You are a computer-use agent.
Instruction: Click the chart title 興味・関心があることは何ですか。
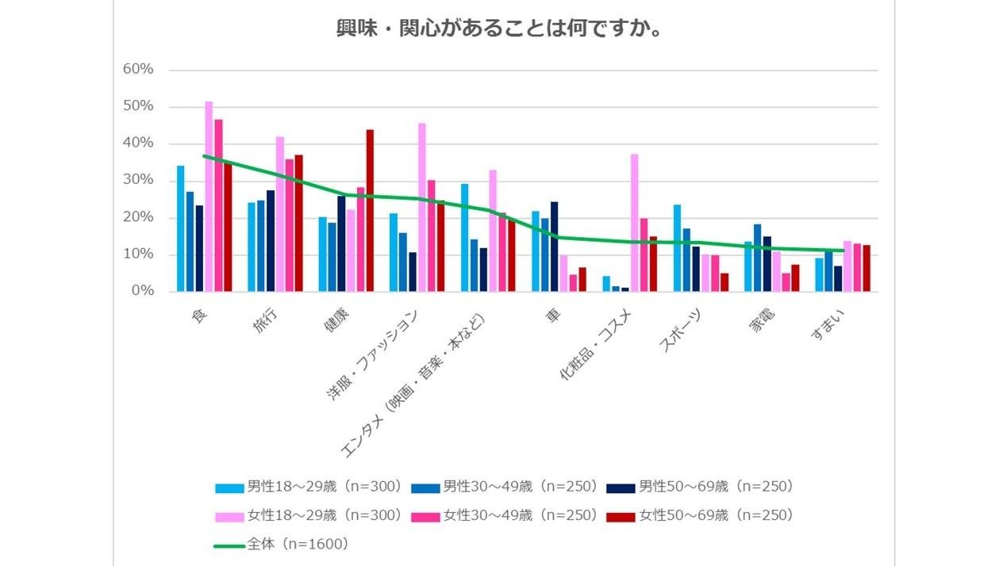501,29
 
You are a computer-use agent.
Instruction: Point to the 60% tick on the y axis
138,70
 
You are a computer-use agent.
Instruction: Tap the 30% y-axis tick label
138,181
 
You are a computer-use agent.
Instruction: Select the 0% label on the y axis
142,292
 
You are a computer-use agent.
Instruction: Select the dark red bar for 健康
370,211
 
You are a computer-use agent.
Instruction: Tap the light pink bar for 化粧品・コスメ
635,223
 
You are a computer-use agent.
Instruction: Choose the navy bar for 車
554,247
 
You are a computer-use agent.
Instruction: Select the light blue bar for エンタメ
464,238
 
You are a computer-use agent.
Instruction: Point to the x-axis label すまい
827,325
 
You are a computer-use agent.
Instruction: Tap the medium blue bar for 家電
757,258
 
